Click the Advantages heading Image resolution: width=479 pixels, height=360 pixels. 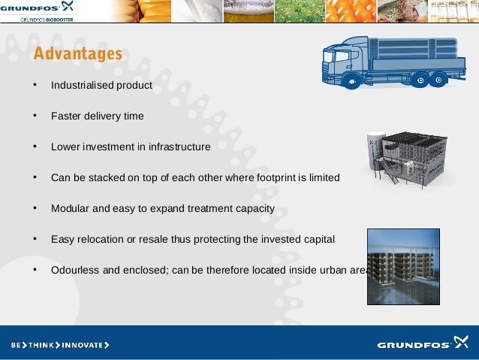click(77, 54)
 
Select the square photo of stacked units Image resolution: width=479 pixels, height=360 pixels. click(403, 267)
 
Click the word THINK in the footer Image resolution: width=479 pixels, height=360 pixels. click(42, 346)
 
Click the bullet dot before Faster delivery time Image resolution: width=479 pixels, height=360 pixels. click(35, 116)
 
